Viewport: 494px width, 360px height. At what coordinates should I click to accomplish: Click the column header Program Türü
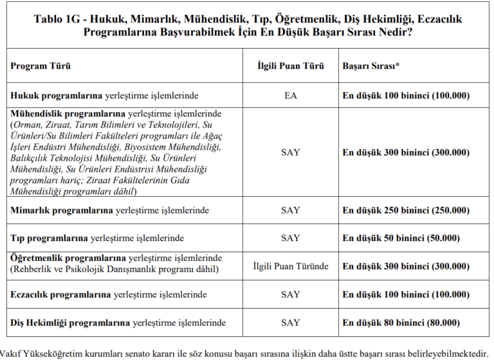click(41, 66)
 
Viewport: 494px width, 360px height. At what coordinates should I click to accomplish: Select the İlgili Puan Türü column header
click(290, 66)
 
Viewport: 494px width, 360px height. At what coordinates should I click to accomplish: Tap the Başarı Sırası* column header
click(371, 66)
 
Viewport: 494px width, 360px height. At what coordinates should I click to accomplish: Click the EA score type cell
click(290, 96)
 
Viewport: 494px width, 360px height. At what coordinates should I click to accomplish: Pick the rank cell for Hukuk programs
click(406, 96)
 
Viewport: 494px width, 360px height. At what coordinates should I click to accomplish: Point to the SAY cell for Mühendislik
click(290, 152)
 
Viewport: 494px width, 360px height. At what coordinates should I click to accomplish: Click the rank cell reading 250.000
click(406, 210)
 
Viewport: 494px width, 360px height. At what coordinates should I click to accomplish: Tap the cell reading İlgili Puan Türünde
click(290, 266)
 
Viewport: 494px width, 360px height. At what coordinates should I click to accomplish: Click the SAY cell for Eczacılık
click(290, 294)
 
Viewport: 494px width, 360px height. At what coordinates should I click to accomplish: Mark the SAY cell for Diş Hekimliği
click(290, 323)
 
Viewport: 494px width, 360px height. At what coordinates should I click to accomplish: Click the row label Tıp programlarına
click(49, 238)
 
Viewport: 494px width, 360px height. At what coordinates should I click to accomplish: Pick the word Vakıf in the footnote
click(12, 352)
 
